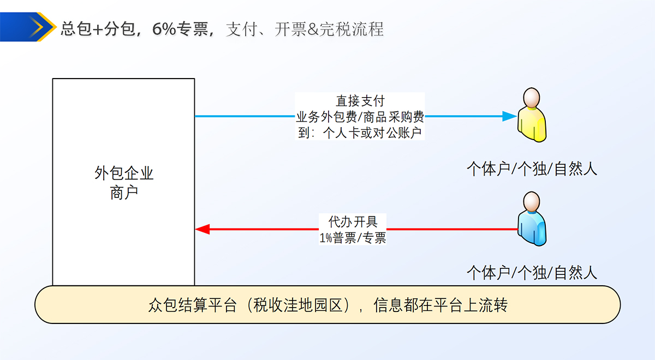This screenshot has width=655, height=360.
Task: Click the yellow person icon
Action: point(532,115)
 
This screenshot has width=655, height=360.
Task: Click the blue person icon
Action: point(532,219)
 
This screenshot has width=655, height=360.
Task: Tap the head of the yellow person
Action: point(532,98)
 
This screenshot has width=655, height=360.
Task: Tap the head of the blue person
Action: point(532,202)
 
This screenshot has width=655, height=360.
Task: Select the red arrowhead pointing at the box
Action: point(203,229)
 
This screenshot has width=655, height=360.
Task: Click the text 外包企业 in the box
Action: point(124,173)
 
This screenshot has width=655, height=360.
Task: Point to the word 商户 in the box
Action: point(124,193)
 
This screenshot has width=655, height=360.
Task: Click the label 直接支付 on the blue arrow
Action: point(360,101)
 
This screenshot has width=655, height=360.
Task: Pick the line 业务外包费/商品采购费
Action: point(360,117)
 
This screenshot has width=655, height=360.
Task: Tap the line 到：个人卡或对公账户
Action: point(360,133)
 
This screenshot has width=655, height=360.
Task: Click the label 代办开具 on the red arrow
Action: point(353,222)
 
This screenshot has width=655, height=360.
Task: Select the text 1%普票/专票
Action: point(353,238)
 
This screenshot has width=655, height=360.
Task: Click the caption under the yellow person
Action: point(532,169)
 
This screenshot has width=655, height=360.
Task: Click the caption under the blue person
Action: point(532,273)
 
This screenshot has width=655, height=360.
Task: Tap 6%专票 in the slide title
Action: point(180,29)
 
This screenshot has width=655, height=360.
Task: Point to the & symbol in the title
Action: point(312,29)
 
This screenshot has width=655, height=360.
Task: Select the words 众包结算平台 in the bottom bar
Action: point(192,305)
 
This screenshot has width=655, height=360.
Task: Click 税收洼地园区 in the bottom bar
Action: point(297,305)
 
